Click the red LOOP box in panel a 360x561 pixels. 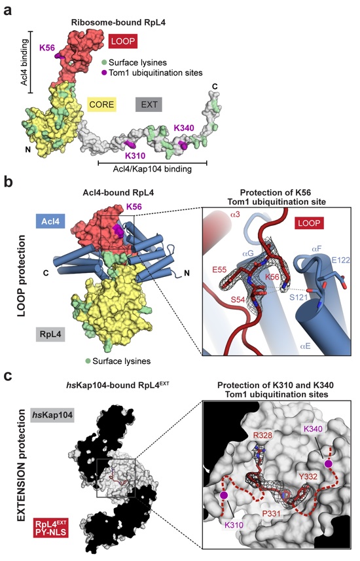click(x=123, y=41)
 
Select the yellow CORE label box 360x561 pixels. click(x=102, y=105)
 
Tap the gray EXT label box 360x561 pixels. click(x=149, y=105)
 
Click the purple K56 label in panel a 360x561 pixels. click(x=47, y=48)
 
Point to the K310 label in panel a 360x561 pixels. click(x=135, y=156)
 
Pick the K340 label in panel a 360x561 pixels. click(x=184, y=128)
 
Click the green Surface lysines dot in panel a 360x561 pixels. click(x=104, y=63)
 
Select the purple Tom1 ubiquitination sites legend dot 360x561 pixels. click(x=104, y=73)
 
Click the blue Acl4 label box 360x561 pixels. click(x=50, y=221)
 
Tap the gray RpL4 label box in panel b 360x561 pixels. click(x=50, y=335)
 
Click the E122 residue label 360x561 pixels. click(x=340, y=260)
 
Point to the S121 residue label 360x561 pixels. click(x=298, y=297)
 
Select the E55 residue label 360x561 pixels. click(x=219, y=270)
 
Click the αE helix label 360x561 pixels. click(x=305, y=346)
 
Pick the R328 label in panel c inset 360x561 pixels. click(x=262, y=435)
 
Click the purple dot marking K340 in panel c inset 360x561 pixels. click(x=328, y=464)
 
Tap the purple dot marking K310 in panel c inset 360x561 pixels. click(x=224, y=495)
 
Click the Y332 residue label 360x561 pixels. click(x=308, y=476)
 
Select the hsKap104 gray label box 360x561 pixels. click(x=52, y=415)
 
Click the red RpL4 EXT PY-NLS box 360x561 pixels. click(x=50, y=528)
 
